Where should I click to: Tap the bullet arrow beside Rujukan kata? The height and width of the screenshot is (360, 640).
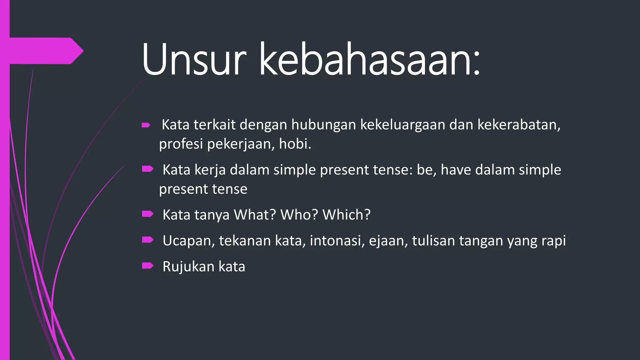147,266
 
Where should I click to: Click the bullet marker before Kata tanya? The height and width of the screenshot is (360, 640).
147,214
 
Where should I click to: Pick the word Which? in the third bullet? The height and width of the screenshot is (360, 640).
346,215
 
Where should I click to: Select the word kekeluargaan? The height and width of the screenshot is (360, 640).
403,125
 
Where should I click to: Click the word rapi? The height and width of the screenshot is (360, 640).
553,241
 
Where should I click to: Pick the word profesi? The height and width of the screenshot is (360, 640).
181,144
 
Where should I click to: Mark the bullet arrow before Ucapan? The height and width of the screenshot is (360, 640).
147,240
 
